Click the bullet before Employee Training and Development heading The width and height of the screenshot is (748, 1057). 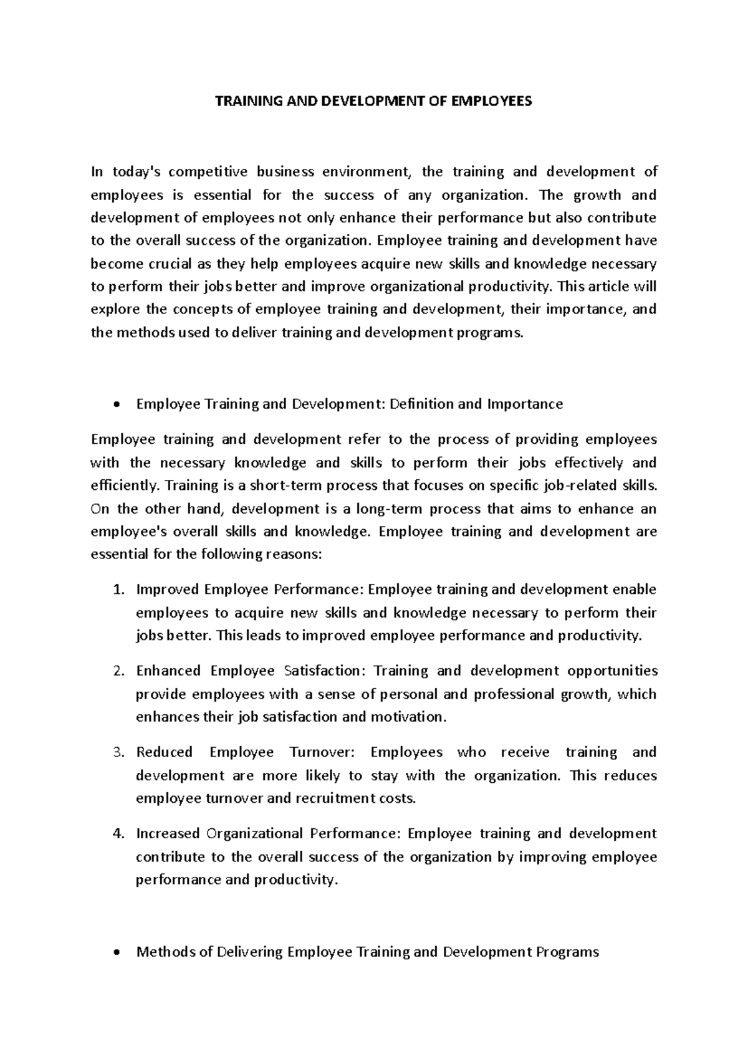pos(117,405)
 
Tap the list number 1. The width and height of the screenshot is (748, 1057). pos(120,590)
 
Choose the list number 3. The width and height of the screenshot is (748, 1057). pos(120,753)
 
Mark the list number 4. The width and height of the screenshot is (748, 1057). pos(120,834)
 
